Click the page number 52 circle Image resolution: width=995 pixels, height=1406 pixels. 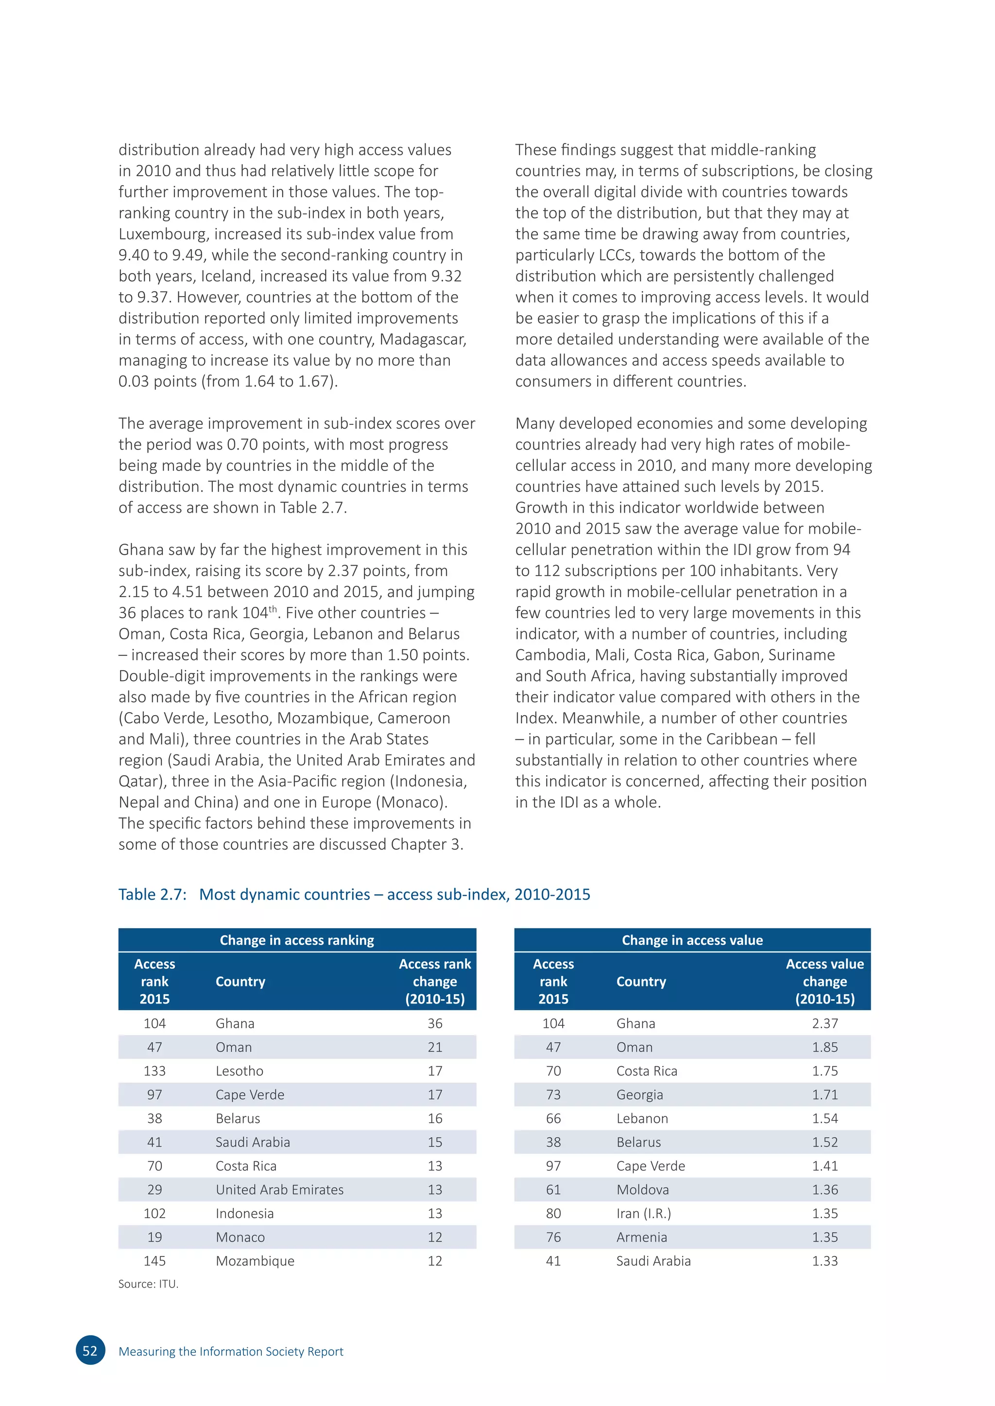tap(90, 1351)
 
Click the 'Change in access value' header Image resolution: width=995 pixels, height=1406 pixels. tap(692, 940)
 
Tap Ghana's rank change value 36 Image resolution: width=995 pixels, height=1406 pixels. tap(435, 1023)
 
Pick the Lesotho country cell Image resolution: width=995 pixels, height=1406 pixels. tap(240, 1071)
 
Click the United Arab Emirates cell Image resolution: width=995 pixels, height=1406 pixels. tap(279, 1190)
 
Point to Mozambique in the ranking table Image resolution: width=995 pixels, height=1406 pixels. tap(255, 1261)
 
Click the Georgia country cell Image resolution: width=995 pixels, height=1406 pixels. tap(640, 1095)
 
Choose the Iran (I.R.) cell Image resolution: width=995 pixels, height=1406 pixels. tap(643, 1214)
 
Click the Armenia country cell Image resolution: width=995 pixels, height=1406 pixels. tap(641, 1237)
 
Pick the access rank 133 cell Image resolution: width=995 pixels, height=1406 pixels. tap(154, 1071)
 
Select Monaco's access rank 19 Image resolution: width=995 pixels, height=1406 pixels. tap(154, 1237)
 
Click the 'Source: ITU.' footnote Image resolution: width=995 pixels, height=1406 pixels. tap(148, 1284)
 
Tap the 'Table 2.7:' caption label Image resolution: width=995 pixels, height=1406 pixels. tap(152, 895)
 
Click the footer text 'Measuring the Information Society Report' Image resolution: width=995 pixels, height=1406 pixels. tap(231, 1352)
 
